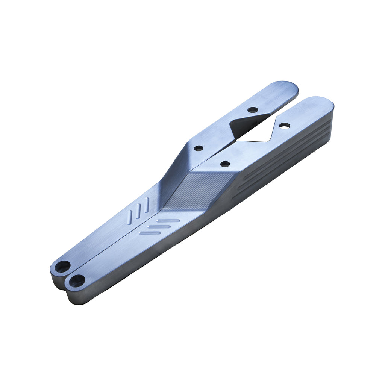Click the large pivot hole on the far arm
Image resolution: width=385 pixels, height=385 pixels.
coord(62,267)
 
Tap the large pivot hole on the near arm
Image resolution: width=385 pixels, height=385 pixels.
coord(77,280)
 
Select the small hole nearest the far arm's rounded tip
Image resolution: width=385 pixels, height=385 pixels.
coord(253,110)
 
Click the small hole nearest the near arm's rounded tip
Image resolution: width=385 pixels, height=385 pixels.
coord(285,125)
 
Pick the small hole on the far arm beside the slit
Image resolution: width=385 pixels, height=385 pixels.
coord(198,148)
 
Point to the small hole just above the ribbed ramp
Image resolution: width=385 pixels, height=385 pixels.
coord(225,164)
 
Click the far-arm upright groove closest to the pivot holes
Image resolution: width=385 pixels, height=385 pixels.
coord(130,217)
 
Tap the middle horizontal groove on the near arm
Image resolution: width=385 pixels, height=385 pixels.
coord(159,226)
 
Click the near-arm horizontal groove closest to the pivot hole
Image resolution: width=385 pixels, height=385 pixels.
coord(150,233)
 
